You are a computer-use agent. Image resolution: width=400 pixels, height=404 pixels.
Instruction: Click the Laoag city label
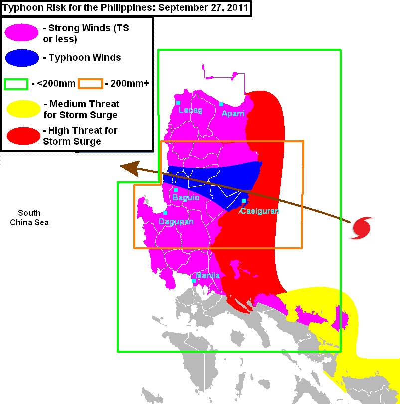[191, 110]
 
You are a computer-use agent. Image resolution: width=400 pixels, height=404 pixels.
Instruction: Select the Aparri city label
[233, 113]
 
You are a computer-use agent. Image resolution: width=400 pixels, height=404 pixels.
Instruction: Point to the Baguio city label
[186, 198]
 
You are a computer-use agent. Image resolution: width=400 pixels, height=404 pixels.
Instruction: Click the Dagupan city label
[176, 221]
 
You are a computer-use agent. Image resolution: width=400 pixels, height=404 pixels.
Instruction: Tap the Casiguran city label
[259, 211]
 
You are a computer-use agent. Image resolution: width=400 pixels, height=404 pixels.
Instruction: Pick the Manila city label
[208, 275]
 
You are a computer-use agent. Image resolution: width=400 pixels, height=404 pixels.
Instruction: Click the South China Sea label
[29, 217]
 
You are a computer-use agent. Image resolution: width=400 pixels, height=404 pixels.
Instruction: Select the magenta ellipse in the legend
[22, 33]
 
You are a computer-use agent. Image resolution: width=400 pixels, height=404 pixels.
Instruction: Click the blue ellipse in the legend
[22, 58]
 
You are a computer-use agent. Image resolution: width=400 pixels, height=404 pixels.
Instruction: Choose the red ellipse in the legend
[22, 135]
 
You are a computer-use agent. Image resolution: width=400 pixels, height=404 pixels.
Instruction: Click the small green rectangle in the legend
[15, 83]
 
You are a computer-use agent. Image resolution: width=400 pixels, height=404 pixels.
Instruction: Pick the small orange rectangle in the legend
[90, 83]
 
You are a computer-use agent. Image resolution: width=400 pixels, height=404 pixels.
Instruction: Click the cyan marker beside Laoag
[178, 103]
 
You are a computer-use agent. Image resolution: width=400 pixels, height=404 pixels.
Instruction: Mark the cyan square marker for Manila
[194, 281]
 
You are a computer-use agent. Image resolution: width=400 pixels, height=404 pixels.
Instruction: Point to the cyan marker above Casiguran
[243, 201]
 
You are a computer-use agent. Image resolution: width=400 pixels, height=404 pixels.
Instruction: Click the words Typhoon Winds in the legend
[85, 57]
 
